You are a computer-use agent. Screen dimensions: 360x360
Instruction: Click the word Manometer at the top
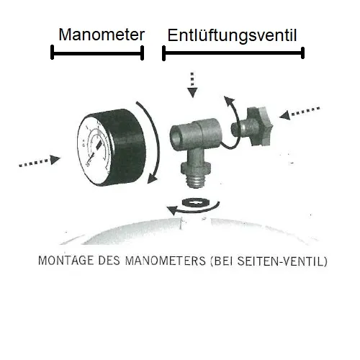point(102,35)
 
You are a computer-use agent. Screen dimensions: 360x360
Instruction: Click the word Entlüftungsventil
point(232,35)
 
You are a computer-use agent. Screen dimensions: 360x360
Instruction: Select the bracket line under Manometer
point(97,53)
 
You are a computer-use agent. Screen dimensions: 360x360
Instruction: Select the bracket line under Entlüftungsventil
point(233,53)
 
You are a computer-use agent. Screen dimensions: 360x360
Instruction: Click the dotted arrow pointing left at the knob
point(301,112)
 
